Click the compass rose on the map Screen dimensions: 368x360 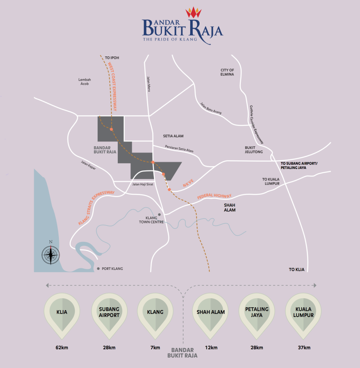point(51,255)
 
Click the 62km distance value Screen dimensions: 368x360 point(62,348)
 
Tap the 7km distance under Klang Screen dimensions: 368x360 point(155,348)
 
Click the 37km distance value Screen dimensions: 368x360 point(304,348)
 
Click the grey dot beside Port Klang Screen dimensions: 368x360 point(98,268)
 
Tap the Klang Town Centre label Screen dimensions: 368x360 point(151,220)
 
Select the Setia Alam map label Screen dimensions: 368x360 point(173,136)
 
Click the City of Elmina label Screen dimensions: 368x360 point(227,72)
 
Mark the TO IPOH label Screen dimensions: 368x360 point(112,57)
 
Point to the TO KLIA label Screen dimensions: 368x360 point(296,269)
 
